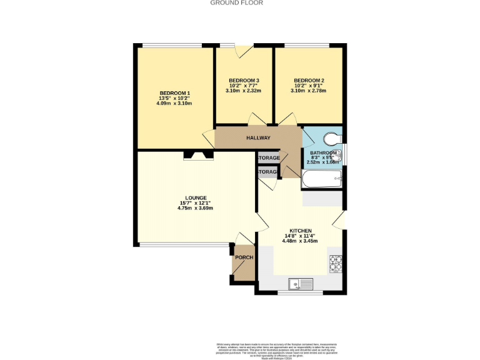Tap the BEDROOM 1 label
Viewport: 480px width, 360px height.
(174, 94)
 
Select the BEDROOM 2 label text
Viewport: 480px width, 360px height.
(309, 81)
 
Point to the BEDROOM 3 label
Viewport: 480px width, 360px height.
(244, 81)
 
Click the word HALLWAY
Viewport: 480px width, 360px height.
(258, 138)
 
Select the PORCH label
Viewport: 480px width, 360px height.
(244, 257)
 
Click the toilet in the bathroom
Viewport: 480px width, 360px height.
(332, 139)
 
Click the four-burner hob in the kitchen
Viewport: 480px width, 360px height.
(336, 264)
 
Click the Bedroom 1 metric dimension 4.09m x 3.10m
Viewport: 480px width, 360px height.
(174, 103)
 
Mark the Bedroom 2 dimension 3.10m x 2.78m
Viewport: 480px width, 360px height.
(309, 91)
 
